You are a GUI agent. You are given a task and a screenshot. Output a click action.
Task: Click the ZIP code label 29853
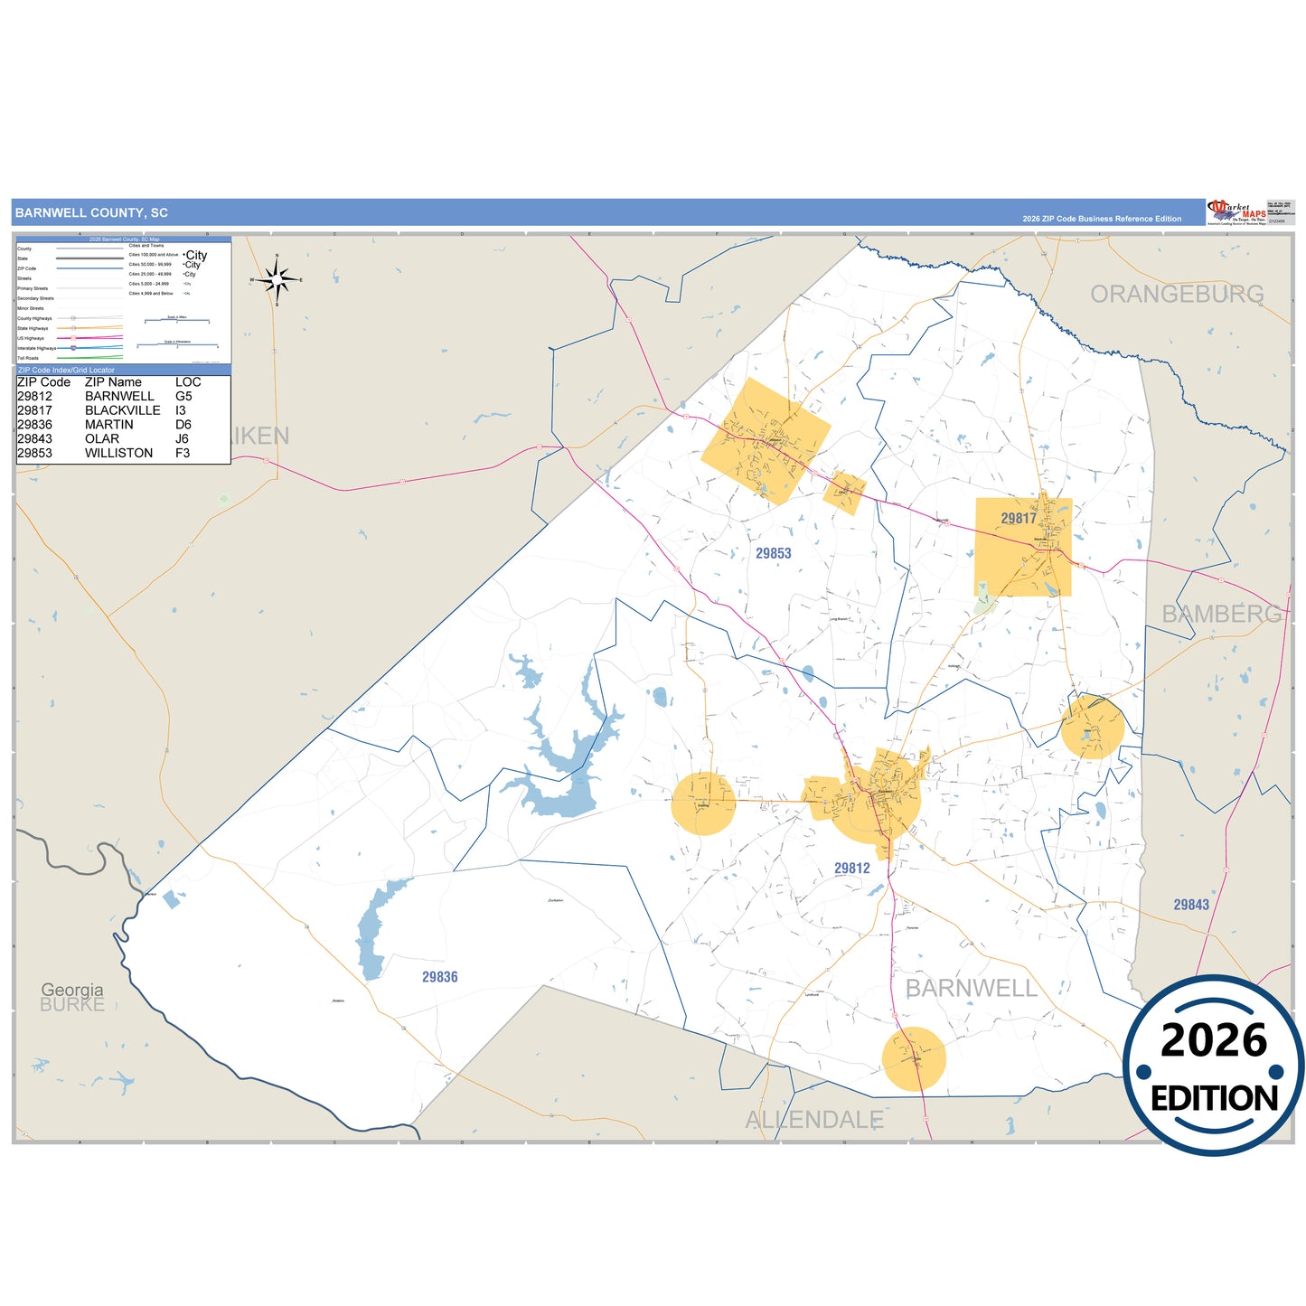(x=773, y=553)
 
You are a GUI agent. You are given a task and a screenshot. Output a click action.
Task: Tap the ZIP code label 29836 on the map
(x=439, y=977)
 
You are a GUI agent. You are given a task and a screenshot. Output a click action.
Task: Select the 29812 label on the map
(x=851, y=869)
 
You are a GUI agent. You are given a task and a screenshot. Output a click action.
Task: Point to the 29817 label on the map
(x=1019, y=518)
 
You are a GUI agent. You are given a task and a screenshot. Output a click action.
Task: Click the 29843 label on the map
(x=1191, y=905)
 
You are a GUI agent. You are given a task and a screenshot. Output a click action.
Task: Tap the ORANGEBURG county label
(x=1177, y=294)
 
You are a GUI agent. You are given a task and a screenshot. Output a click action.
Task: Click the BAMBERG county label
(x=1221, y=615)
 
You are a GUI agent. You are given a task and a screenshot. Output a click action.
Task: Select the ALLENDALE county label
(x=813, y=1120)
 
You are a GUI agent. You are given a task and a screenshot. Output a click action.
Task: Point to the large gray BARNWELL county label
(x=972, y=989)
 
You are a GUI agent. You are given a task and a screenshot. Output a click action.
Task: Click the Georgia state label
(x=72, y=990)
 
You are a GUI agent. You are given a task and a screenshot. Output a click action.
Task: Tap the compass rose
(x=277, y=280)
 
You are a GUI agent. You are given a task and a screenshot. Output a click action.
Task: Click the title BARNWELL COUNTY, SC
(x=91, y=213)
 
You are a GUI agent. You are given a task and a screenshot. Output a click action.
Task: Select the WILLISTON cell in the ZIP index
(x=118, y=453)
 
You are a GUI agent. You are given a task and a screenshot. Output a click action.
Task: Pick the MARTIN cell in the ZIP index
(x=108, y=425)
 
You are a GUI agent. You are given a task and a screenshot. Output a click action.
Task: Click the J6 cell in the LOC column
(x=182, y=439)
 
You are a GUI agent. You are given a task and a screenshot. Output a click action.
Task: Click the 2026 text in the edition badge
(x=1213, y=1040)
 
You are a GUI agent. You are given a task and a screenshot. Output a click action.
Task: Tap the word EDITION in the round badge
(x=1214, y=1098)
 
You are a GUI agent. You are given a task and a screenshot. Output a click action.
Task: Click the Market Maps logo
(x=1236, y=212)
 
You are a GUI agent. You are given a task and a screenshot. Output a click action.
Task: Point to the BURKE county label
(x=72, y=1005)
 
